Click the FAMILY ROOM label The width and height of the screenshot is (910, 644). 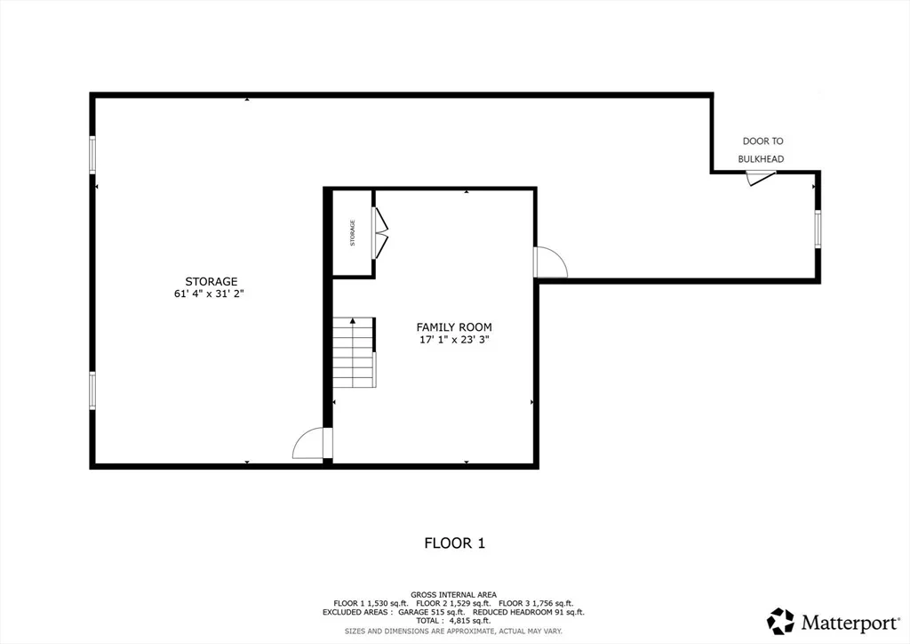point(454,327)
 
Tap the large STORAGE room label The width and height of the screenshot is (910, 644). point(212,282)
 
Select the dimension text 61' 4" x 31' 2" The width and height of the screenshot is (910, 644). point(209,294)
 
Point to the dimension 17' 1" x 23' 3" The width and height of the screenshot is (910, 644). point(454,340)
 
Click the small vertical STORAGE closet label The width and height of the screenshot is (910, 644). point(352,233)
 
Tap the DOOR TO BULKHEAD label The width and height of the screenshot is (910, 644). point(762,149)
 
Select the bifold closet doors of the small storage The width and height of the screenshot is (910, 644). point(379,233)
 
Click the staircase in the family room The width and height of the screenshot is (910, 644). point(354,352)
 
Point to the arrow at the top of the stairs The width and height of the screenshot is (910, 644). point(352,320)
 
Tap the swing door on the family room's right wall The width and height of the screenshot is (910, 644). point(550,262)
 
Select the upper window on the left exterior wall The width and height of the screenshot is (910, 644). point(92,155)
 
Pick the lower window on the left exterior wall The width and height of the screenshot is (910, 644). point(92,390)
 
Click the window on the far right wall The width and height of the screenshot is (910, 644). point(818,229)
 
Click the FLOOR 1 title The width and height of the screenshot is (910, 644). point(454,543)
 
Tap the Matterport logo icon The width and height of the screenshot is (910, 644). point(780,622)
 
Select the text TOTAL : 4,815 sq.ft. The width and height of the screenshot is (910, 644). point(453,621)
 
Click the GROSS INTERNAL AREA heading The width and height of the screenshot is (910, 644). point(453,595)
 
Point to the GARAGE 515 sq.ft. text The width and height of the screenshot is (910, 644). point(432,612)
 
